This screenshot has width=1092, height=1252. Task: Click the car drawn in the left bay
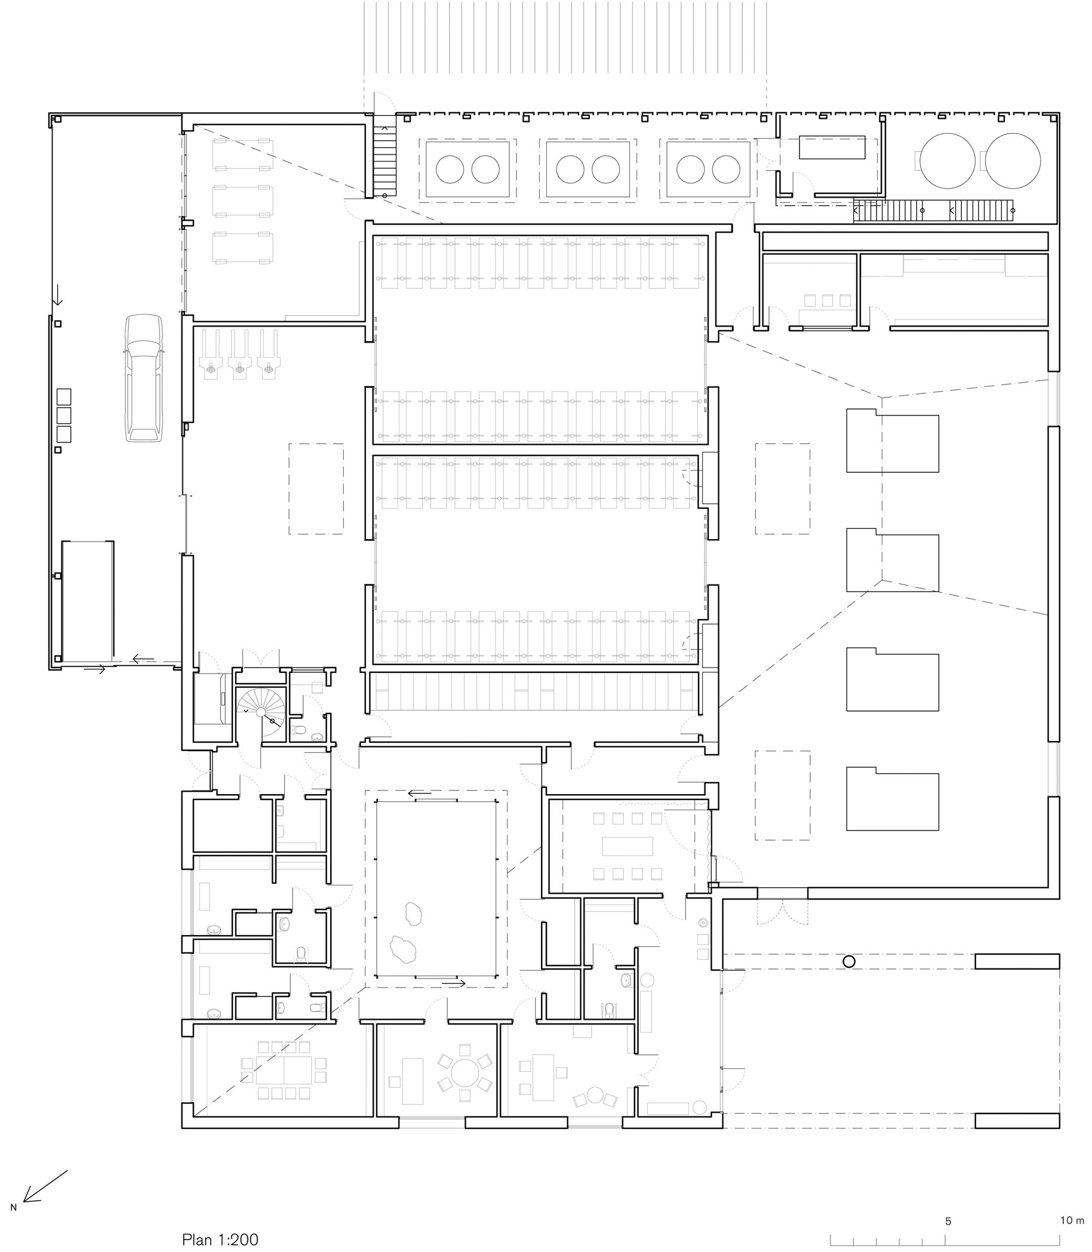tap(144, 378)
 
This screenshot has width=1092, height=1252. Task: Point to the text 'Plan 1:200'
tap(220, 1239)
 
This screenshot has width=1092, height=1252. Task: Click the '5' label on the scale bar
tap(948, 1221)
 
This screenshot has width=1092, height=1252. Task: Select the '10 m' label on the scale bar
tap(1072, 1220)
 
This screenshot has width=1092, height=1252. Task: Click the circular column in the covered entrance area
tap(849, 961)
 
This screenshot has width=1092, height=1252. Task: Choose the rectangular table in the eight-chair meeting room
tap(627, 846)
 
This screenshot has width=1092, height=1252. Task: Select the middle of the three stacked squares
tap(63, 416)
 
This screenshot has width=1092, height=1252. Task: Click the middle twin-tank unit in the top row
tap(587, 170)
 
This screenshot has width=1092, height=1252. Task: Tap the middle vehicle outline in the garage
tap(242, 201)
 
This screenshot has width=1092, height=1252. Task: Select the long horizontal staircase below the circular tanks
tap(933, 211)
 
